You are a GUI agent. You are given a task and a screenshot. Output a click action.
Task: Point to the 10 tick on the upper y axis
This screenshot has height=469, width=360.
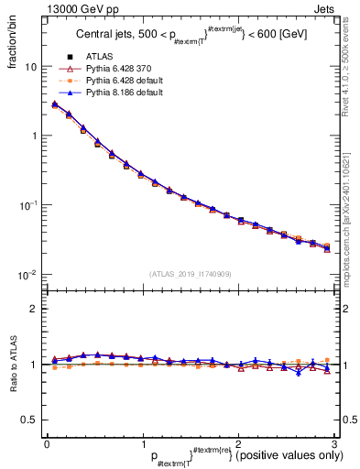point(31,67)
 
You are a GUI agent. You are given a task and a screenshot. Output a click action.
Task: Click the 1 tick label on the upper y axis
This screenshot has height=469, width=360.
point(34,136)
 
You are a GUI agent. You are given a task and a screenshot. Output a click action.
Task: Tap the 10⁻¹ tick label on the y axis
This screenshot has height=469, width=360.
point(28,204)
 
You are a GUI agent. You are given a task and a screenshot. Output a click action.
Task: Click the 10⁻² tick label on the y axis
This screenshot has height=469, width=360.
point(28,274)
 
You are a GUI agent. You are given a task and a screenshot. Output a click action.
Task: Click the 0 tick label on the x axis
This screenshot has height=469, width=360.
point(47,442)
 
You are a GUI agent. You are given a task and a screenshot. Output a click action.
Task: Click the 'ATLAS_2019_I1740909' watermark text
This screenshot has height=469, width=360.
point(190,274)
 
